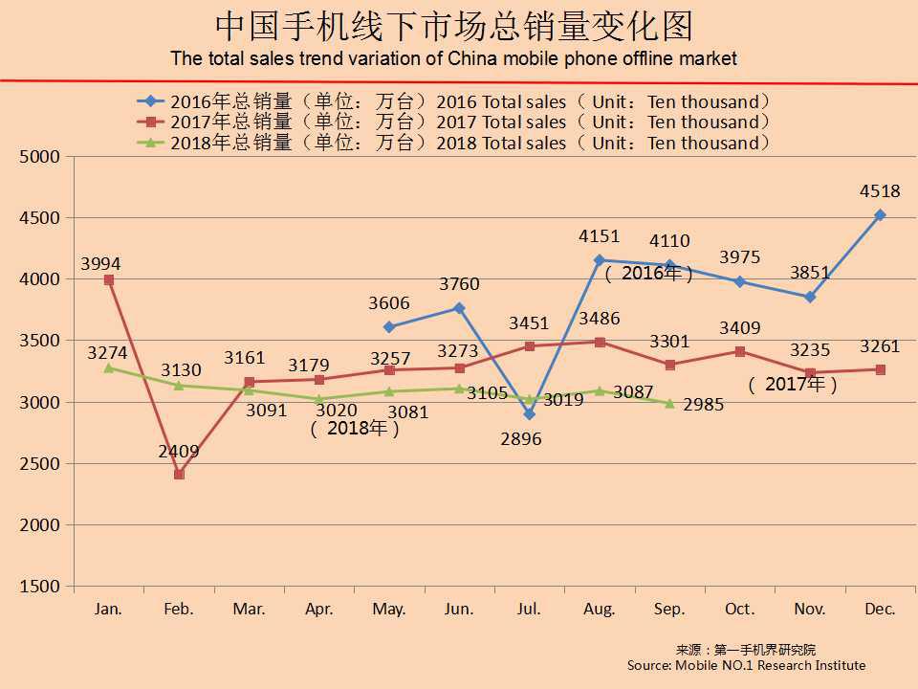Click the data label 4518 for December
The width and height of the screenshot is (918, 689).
pos(880,191)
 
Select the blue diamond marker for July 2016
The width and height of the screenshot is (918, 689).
pos(529,413)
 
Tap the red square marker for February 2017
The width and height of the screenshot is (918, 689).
pos(179,474)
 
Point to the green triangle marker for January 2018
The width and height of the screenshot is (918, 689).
pos(109,367)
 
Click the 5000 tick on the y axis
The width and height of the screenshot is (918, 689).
pos(39,156)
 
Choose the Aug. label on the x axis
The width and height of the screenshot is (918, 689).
pos(600,609)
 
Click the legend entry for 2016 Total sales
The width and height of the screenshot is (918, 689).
pos(454,101)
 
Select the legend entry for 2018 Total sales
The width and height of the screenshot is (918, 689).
pos(454,144)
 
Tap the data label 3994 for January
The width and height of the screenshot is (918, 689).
pos(100,263)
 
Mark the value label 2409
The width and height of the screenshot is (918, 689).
pos(178,451)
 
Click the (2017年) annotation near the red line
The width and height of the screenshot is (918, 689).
pos(794,385)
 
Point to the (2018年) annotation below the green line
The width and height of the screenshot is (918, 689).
pos(355,429)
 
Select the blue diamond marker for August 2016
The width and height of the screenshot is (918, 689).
pos(600,259)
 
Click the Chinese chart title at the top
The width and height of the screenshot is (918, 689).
pos(453,28)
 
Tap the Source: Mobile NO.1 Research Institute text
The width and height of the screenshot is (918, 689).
pos(746,665)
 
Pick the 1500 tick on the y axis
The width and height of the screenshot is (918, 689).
pos(39,587)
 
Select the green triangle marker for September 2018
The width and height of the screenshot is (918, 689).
pos(669,403)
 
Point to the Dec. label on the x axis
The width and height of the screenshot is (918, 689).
pos(880,609)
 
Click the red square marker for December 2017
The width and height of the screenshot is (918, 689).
pos(880,369)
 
